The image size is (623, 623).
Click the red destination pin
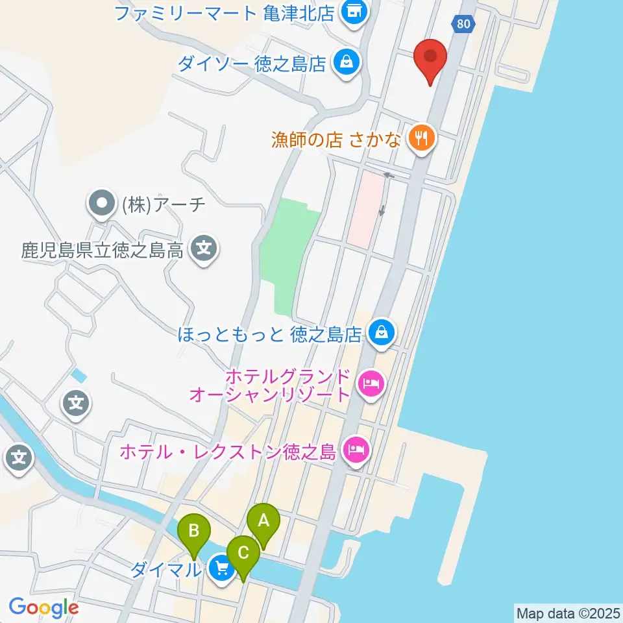click(430, 58)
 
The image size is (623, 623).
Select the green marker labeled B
click(194, 531)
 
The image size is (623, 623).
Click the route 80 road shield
click(463, 24)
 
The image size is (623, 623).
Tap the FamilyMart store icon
click(354, 11)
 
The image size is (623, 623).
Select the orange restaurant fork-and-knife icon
click(422, 138)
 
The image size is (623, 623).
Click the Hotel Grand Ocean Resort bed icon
click(371, 384)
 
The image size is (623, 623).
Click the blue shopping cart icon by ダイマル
click(222, 569)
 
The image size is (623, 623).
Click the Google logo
click(43, 608)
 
